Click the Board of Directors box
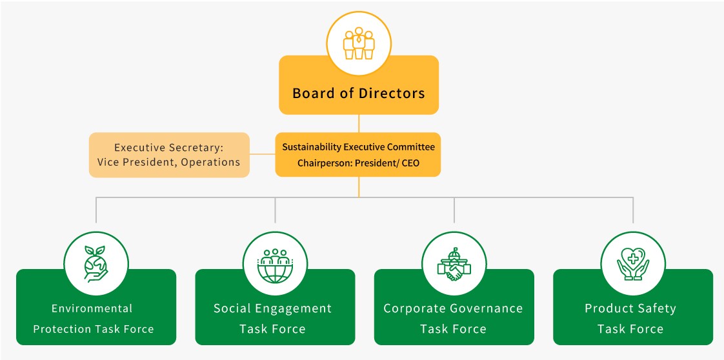358,94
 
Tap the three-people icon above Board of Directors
359,42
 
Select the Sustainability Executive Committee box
358,155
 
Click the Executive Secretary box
169,155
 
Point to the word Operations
210,162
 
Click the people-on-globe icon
275,263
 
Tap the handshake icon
454,263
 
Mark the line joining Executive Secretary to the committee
262,154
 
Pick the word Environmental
92,308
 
